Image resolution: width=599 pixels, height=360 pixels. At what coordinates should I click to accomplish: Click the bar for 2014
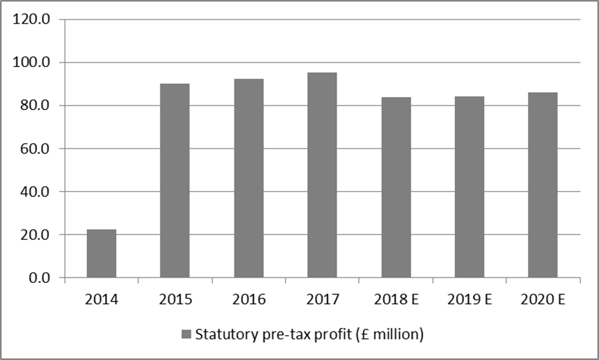pos(101,254)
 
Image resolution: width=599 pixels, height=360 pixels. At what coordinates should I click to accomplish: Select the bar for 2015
pos(175,180)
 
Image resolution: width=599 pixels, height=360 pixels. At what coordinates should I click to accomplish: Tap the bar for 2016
pos(249,178)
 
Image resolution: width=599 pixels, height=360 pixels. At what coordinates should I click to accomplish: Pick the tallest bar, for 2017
pos(322,175)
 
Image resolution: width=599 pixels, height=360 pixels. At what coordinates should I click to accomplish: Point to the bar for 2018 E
pos(396,187)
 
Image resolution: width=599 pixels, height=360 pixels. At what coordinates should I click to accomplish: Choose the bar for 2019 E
pos(469,187)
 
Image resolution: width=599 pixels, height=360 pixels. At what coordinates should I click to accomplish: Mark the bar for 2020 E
pos(542,185)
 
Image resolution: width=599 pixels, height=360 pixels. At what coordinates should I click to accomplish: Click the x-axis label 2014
pos(101,300)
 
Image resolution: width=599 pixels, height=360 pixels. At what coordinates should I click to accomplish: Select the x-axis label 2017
pos(322,300)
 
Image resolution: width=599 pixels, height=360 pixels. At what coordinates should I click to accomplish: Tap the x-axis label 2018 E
pos(396,300)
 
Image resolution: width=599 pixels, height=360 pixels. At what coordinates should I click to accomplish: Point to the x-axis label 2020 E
pos(542,300)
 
